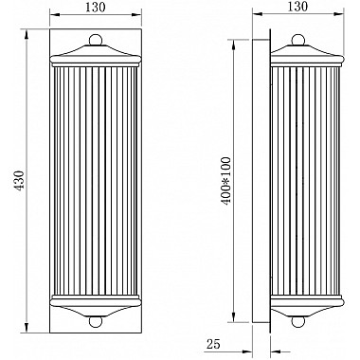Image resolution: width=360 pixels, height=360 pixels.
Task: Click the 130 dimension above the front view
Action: tap(93, 7)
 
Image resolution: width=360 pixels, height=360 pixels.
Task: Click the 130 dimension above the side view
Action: tap(297, 7)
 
